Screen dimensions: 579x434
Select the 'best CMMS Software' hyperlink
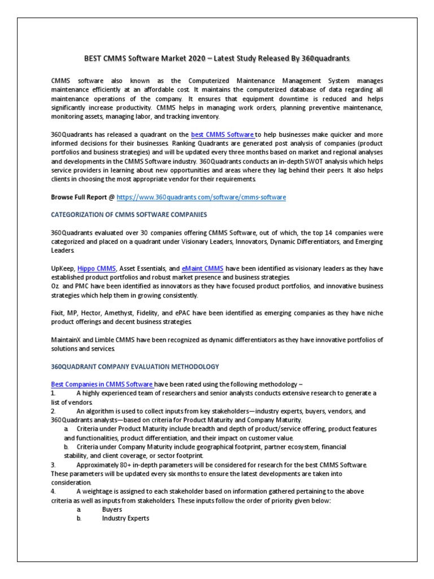[223, 134]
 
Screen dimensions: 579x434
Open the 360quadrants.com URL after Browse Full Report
[201, 197]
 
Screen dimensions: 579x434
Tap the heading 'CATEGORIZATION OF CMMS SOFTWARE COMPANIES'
[129, 214]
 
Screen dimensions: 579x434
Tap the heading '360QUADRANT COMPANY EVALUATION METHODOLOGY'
[134, 367]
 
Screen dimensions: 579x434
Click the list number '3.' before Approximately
[54, 464]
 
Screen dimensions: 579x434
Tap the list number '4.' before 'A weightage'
[54, 491]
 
